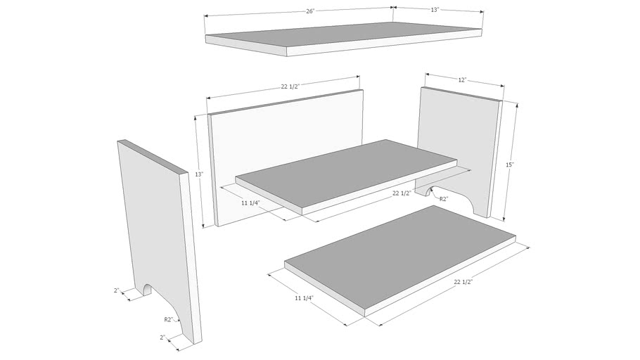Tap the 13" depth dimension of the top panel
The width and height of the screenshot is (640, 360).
click(435, 10)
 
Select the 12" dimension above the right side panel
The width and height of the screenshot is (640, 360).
click(462, 80)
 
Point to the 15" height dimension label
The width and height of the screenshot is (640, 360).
click(510, 165)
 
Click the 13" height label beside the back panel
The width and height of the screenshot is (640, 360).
click(199, 174)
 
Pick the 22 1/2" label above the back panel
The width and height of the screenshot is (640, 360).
click(290, 86)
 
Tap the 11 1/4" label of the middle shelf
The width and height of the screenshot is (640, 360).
click(251, 202)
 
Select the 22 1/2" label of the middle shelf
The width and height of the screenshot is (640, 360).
click(402, 193)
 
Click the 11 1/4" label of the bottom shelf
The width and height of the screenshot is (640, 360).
click(304, 298)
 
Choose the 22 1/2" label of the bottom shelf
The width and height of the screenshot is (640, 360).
click(463, 282)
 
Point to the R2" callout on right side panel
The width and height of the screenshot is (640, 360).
click(444, 199)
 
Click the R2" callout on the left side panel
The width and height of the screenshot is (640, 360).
click(169, 319)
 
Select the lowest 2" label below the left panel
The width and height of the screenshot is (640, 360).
click(162, 337)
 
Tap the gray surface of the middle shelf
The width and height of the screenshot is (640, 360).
click(345, 172)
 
